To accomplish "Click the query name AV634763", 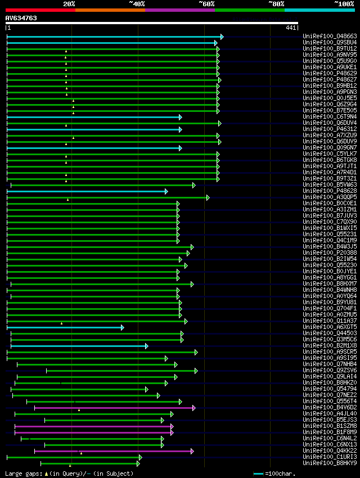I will [21, 18].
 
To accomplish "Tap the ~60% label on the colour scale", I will [206, 4].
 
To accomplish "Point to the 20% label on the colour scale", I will [69, 4].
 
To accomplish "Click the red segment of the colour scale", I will [40, 10].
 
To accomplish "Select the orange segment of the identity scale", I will [110, 10].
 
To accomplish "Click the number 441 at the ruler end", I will [291, 28].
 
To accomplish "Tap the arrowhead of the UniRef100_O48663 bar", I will [222, 37].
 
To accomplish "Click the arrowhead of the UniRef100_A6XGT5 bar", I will [123, 327].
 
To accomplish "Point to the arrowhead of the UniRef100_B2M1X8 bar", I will [147, 346].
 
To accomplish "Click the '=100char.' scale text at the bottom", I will [280, 474].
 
